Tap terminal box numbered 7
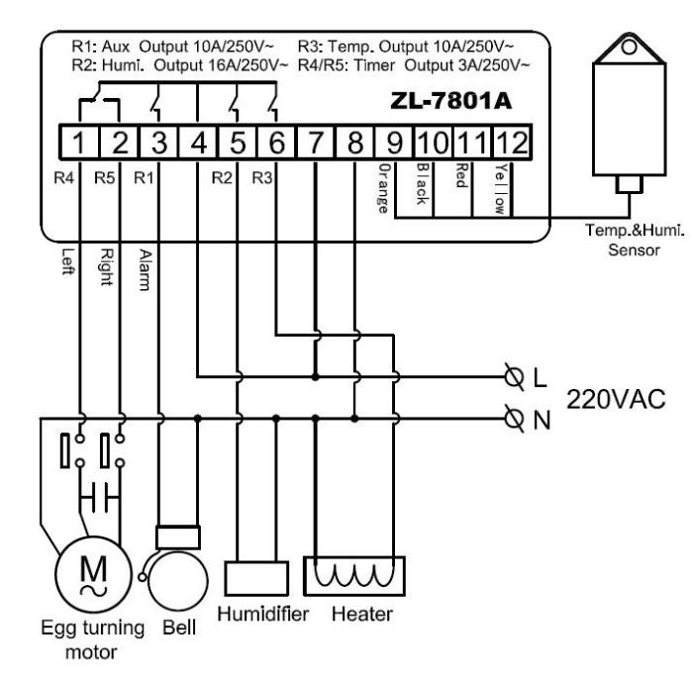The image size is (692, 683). tap(316, 142)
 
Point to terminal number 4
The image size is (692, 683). tap(199, 142)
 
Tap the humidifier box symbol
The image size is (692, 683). tap(257, 577)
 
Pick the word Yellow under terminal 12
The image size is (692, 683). tap(498, 184)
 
